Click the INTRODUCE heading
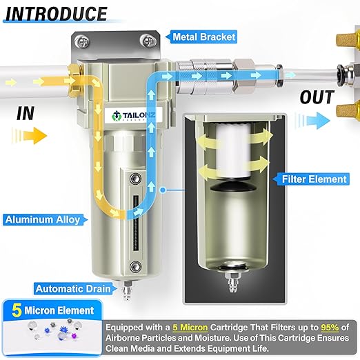click(56, 14)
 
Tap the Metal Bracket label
click(204, 37)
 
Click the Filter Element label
click(314, 179)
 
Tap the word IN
click(26, 113)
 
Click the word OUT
click(317, 97)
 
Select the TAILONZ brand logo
click(133, 116)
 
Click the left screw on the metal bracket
click(81, 41)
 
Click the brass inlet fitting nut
click(75, 81)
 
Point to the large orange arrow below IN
click(30, 136)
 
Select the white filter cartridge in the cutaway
click(233, 150)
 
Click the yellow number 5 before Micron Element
click(17, 310)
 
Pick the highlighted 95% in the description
click(330, 327)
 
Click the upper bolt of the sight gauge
click(135, 179)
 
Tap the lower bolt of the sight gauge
click(135, 267)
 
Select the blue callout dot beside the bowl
click(163, 190)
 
